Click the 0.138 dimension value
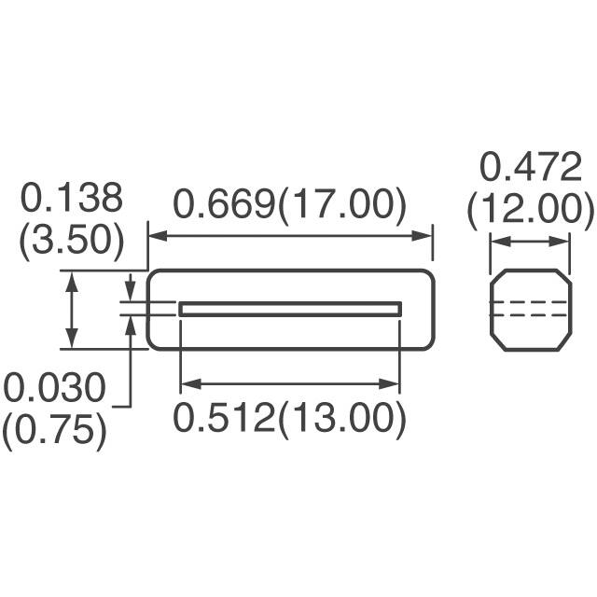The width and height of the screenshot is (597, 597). click(72, 199)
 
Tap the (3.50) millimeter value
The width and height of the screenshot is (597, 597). click(72, 241)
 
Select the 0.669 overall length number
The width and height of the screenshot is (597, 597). click(222, 205)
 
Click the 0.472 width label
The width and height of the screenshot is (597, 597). click(530, 168)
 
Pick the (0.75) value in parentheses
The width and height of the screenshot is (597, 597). click(53, 430)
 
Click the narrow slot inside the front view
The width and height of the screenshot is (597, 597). click(290, 309)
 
